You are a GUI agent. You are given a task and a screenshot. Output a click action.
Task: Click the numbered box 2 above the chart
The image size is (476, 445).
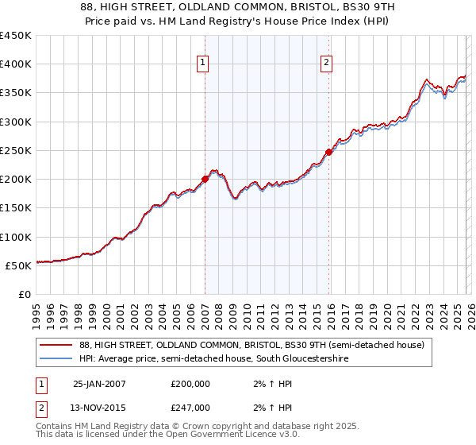pyautogui.click(x=327, y=64)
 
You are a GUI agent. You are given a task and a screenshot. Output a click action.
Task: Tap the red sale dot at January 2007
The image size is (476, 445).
pyautogui.click(x=205, y=179)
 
